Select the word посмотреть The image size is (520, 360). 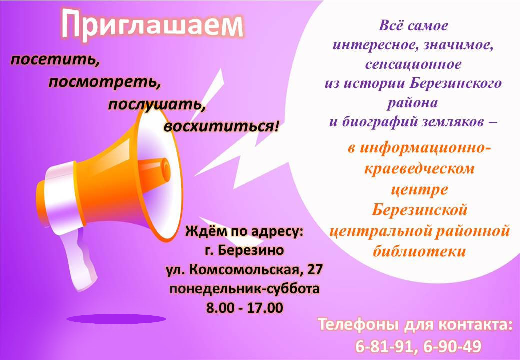(105, 82)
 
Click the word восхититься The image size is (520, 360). (220, 126)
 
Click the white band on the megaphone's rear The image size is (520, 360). (63, 199)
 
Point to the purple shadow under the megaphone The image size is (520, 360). (116, 319)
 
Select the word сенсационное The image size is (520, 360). (413, 64)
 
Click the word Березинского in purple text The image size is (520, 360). (455, 83)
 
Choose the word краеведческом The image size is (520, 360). (419, 168)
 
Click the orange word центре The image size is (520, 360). (419, 189)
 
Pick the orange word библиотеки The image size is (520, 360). (419, 251)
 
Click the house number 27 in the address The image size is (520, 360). (315, 269)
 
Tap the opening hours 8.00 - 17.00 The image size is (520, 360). (245, 308)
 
